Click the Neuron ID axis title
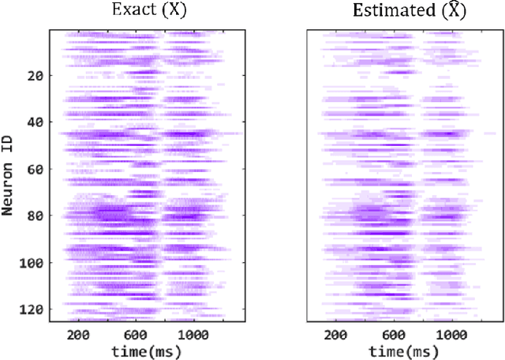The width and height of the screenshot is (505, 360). click(9, 175)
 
